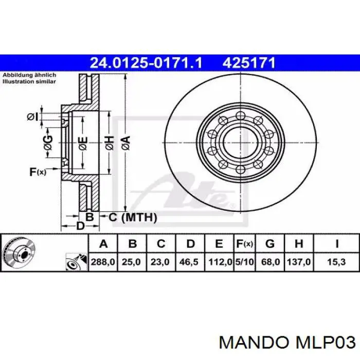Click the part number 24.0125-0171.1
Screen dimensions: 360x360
pyautogui.click(x=146, y=63)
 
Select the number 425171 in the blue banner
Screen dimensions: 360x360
pyautogui.click(x=249, y=63)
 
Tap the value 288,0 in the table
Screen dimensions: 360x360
pyautogui.click(x=103, y=262)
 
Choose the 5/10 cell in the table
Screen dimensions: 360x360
pyautogui.click(x=244, y=262)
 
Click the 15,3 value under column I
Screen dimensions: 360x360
pyautogui.click(x=336, y=262)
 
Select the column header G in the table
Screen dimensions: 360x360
pyautogui.click(x=270, y=244)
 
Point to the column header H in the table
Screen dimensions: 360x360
pyautogui.click(x=299, y=244)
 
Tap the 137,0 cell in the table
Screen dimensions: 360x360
pyautogui.click(x=299, y=262)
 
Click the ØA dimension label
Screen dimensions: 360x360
pyautogui.click(x=126, y=143)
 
